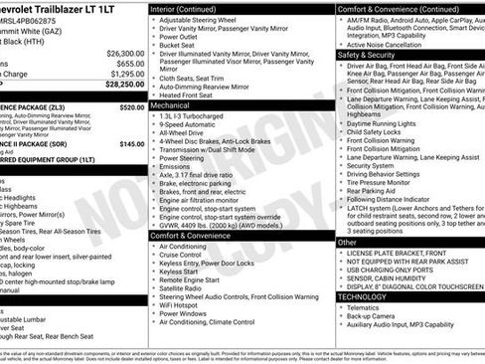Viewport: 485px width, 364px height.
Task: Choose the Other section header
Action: coord(347,242)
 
